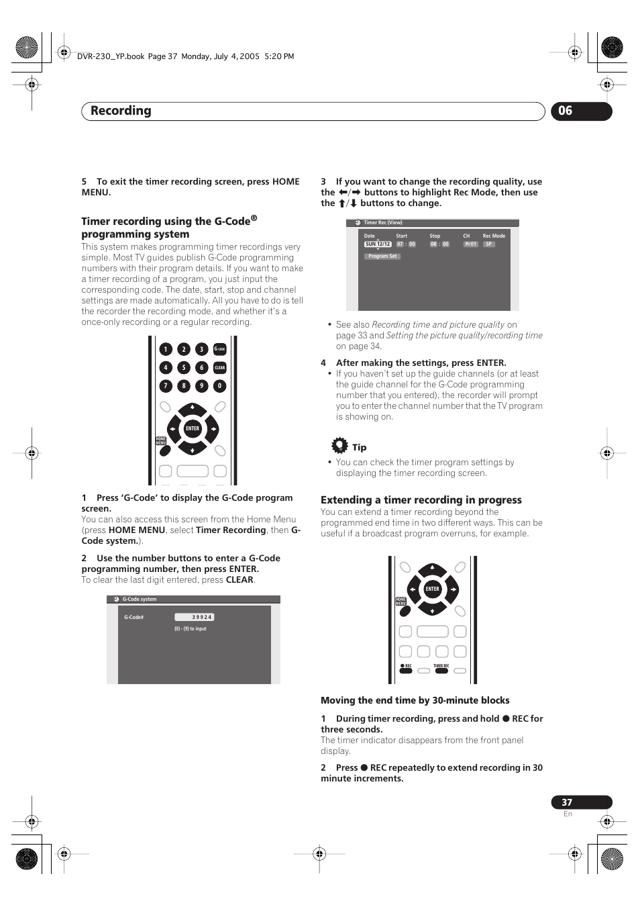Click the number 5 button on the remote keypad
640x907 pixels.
[x=184, y=367]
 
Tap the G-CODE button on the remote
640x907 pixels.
[x=219, y=349]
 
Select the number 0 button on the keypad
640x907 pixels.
[x=219, y=386]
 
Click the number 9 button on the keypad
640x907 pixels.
[x=201, y=386]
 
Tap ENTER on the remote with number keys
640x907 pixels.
[x=193, y=428]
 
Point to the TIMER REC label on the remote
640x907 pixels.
[x=441, y=666]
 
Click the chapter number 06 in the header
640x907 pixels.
[x=566, y=111]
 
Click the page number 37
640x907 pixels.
[x=567, y=802]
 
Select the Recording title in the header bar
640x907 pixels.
[x=121, y=111]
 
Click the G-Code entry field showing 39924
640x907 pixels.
[x=194, y=617]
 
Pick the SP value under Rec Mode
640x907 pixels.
[x=489, y=244]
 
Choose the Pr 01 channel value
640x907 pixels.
[x=470, y=244]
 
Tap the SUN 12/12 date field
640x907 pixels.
[x=378, y=244]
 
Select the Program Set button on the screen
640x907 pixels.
[x=382, y=256]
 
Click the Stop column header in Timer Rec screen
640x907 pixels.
[x=435, y=236]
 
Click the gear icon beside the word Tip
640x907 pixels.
[x=340, y=445]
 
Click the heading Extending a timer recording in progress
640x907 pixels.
[x=421, y=500]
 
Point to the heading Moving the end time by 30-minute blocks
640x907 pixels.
[x=415, y=700]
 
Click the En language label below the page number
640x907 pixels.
[x=568, y=814]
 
